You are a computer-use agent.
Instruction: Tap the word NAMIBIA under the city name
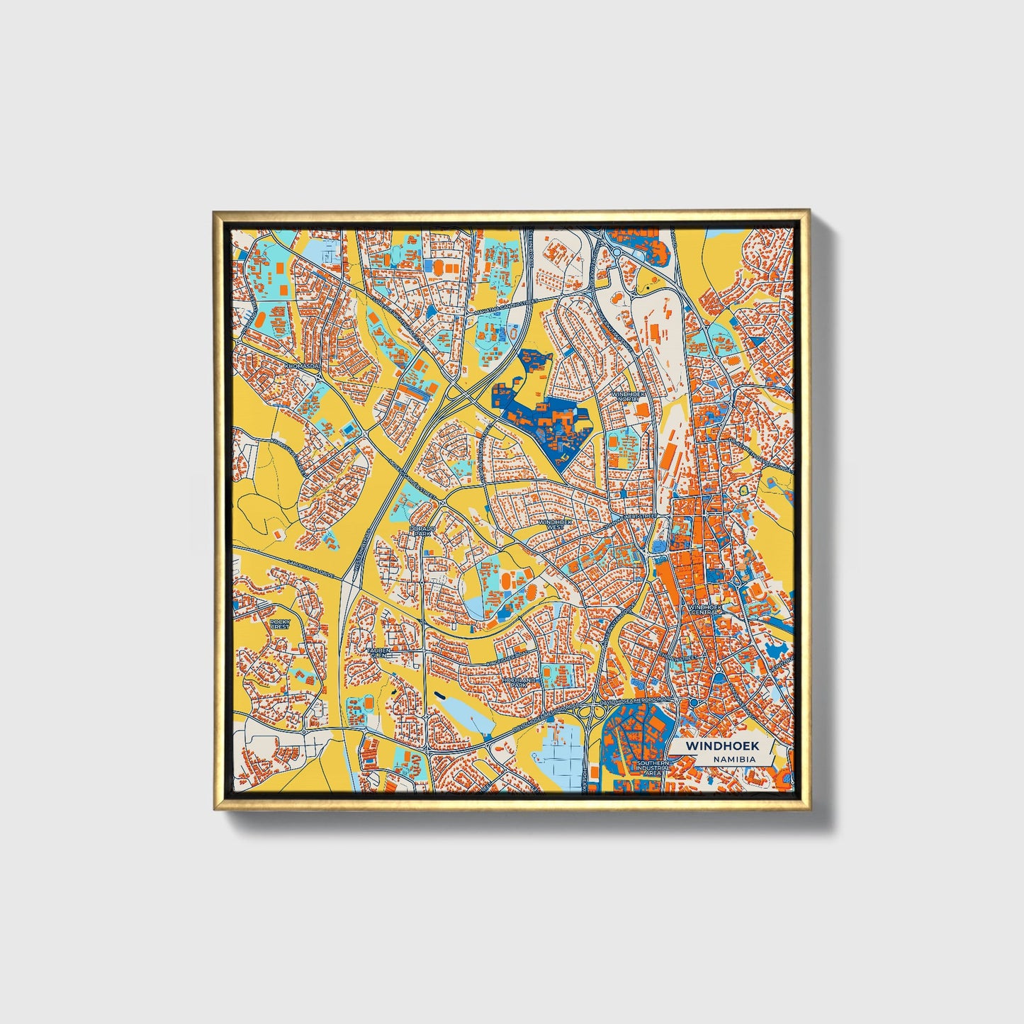735,759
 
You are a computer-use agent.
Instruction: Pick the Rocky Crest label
280,624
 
